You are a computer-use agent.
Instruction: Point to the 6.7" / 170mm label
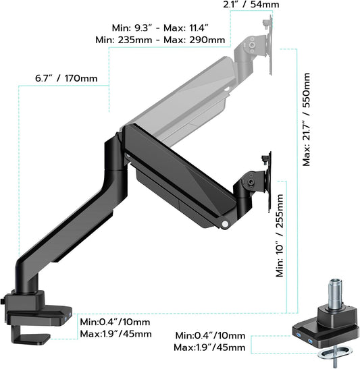(x=66, y=79)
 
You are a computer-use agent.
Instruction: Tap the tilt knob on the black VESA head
(x=251, y=182)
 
